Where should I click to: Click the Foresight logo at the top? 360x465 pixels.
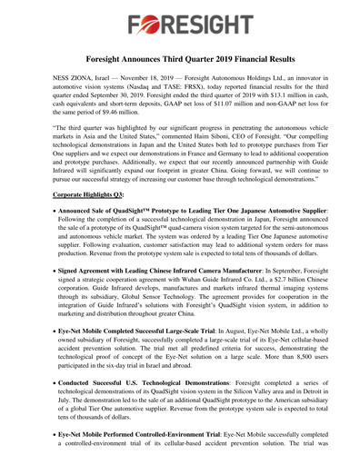(180, 24)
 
